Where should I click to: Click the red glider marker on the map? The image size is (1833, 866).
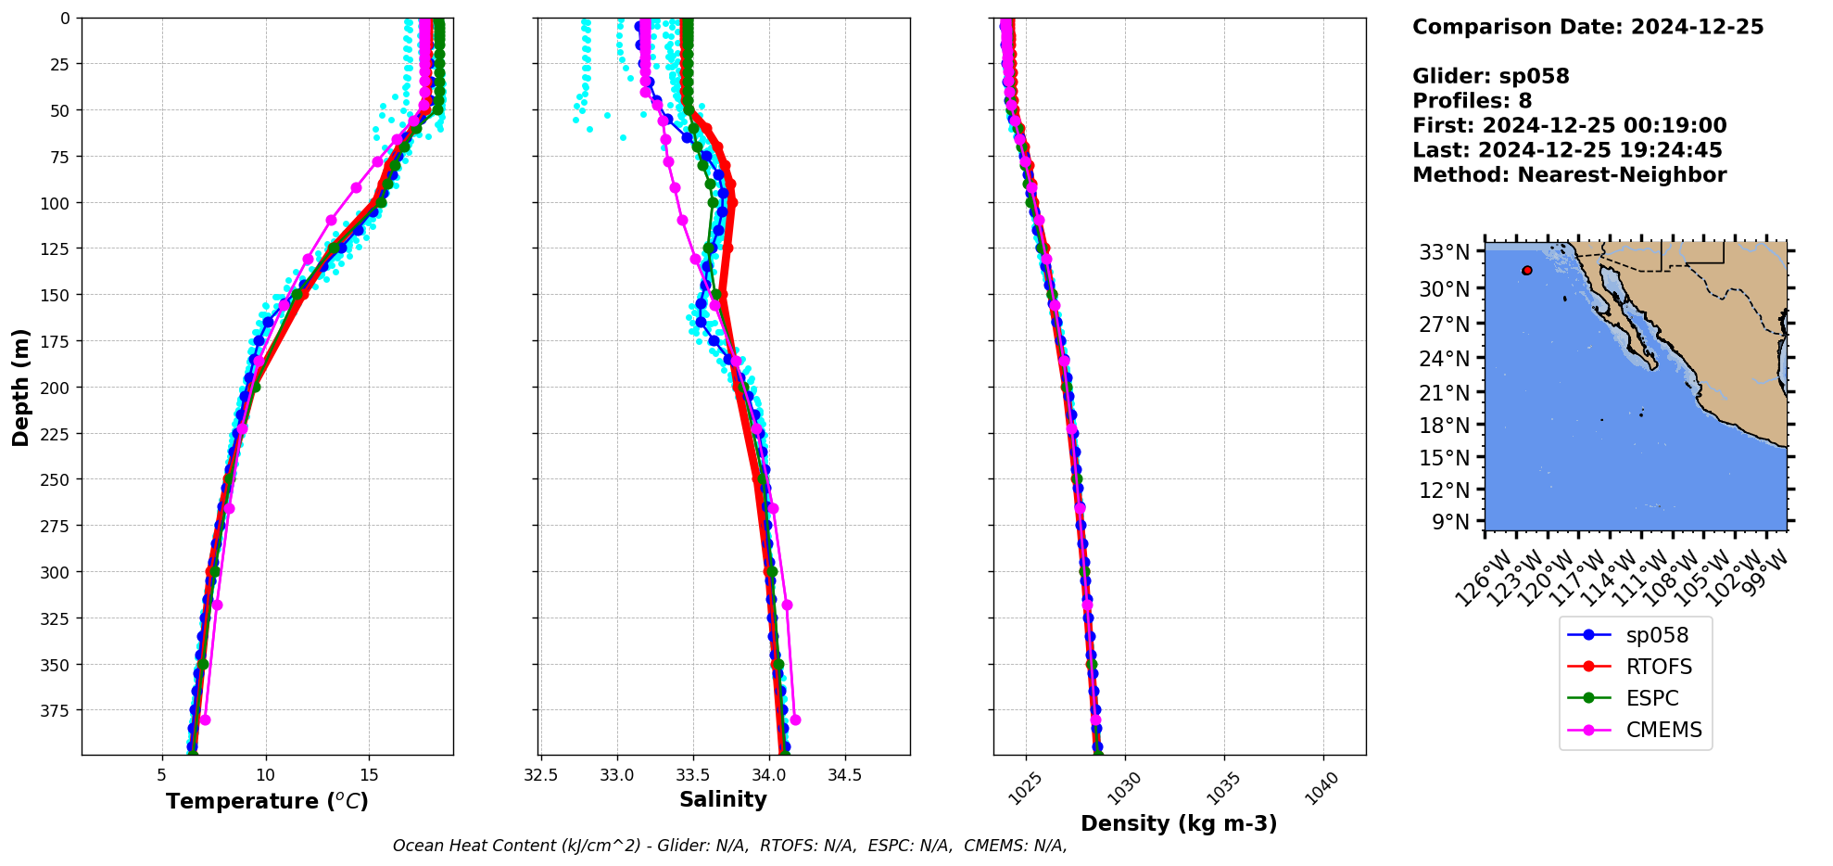(x=1526, y=271)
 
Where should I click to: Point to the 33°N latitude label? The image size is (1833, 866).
(x=1445, y=252)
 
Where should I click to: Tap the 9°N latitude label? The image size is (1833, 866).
(x=1450, y=522)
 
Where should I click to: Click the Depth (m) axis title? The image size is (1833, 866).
(x=20, y=387)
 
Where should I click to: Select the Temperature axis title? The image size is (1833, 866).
(x=267, y=801)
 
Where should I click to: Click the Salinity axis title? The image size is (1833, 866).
(x=723, y=799)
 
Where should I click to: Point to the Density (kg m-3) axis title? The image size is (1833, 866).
(x=1179, y=823)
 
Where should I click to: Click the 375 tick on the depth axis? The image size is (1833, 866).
(x=54, y=710)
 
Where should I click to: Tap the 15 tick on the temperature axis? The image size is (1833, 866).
(x=369, y=774)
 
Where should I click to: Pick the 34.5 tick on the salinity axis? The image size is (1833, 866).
(x=843, y=774)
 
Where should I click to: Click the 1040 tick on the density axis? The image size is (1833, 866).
(x=1322, y=788)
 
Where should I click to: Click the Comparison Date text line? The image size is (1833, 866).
(x=1587, y=27)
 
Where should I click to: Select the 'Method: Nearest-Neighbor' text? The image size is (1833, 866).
(x=1569, y=175)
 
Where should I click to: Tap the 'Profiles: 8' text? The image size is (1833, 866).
(x=1472, y=101)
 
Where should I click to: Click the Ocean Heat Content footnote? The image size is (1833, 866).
(x=729, y=846)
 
